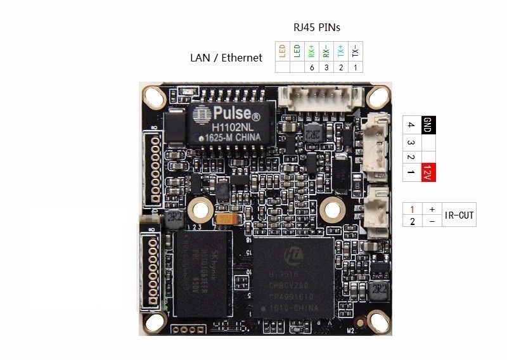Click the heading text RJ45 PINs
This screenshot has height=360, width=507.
click(x=317, y=29)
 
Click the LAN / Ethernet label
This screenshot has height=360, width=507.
click(x=226, y=58)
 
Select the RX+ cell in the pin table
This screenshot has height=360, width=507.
click(x=311, y=51)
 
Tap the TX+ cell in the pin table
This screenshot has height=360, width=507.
click(x=341, y=51)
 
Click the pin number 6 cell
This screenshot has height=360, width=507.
click(x=311, y=67)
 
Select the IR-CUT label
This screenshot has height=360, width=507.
click(x=459, y=215)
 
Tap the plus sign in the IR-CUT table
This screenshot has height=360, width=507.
click(x=432, y=209)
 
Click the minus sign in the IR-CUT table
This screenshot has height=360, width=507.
click(x=432, y=221)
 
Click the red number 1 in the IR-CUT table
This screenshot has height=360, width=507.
click(x=412, y=209)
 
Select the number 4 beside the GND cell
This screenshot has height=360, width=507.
click(x=411, y=124)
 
